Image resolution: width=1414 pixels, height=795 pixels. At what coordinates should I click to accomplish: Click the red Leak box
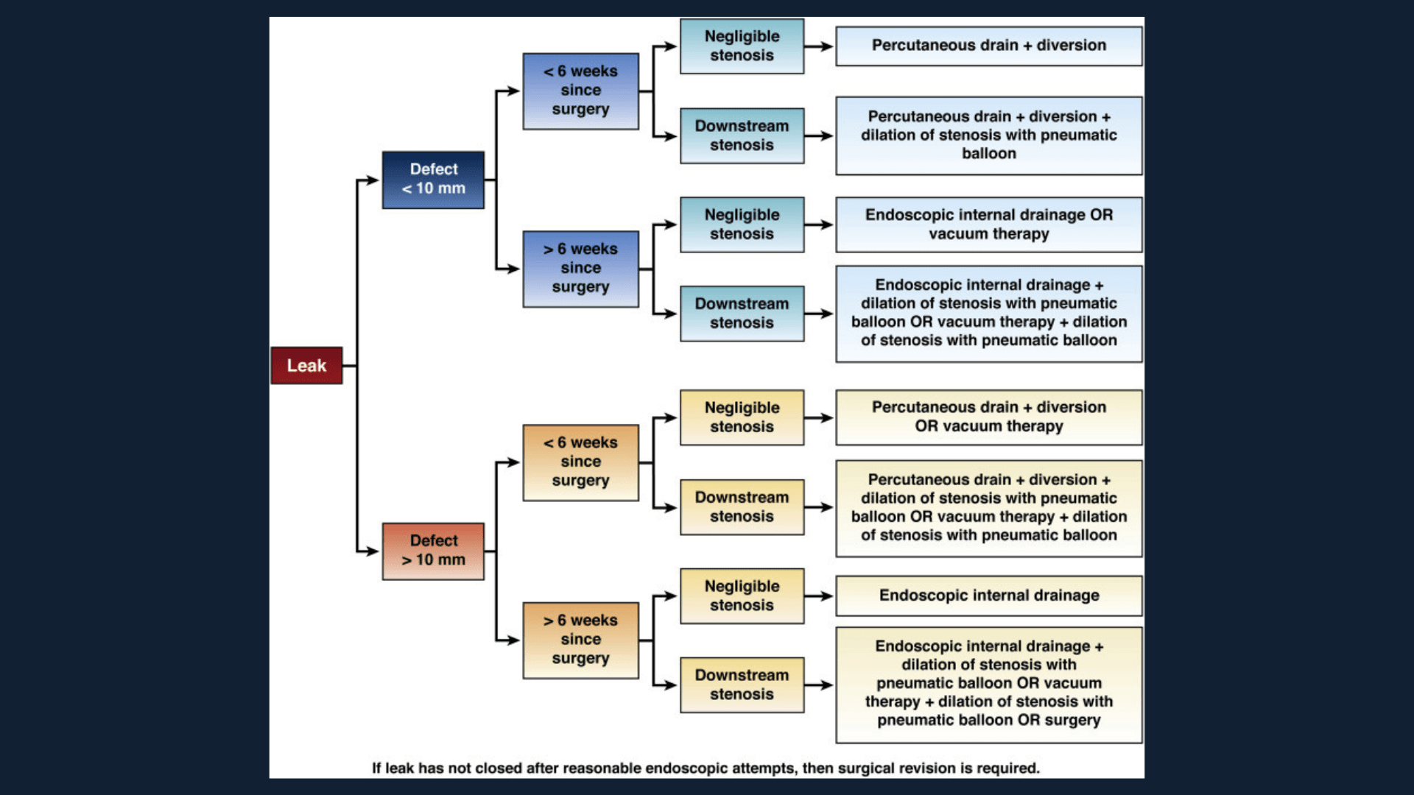tap(306, 365)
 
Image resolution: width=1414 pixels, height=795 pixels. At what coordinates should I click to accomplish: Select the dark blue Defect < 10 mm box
tap(433, 180)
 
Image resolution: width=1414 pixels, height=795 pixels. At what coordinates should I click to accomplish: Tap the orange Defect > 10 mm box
tap(433, 551)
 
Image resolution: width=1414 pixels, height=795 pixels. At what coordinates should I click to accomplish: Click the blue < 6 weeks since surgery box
tap(580, 91)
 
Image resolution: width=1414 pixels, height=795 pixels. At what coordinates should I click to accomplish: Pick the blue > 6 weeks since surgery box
tap(580, 269)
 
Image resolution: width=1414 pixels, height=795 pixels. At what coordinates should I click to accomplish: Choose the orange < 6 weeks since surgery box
tap(580, 462)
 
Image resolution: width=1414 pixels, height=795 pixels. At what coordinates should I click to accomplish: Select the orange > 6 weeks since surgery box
tap(580, 640)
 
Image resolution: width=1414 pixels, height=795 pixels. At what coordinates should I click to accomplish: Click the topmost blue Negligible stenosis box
tap(742, 46)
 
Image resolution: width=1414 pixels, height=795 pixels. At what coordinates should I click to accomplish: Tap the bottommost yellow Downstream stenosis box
tap(742, 685)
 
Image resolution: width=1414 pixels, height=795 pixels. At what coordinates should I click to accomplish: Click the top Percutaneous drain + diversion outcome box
tap(988, 46)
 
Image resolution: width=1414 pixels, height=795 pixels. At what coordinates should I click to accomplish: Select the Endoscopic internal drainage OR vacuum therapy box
tap(988, 225)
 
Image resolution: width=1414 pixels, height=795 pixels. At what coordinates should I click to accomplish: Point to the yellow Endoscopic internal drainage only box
tap(988, 596)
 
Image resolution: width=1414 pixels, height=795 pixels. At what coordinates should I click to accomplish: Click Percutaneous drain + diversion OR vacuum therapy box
tap(988, 417)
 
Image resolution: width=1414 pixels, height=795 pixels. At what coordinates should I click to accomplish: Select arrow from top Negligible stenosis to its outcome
tap(819, 46)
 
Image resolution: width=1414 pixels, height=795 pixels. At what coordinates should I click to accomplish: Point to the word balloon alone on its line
tap(988, 154)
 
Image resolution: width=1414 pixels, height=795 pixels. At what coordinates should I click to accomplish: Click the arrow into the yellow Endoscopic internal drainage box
tap(819, 596)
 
